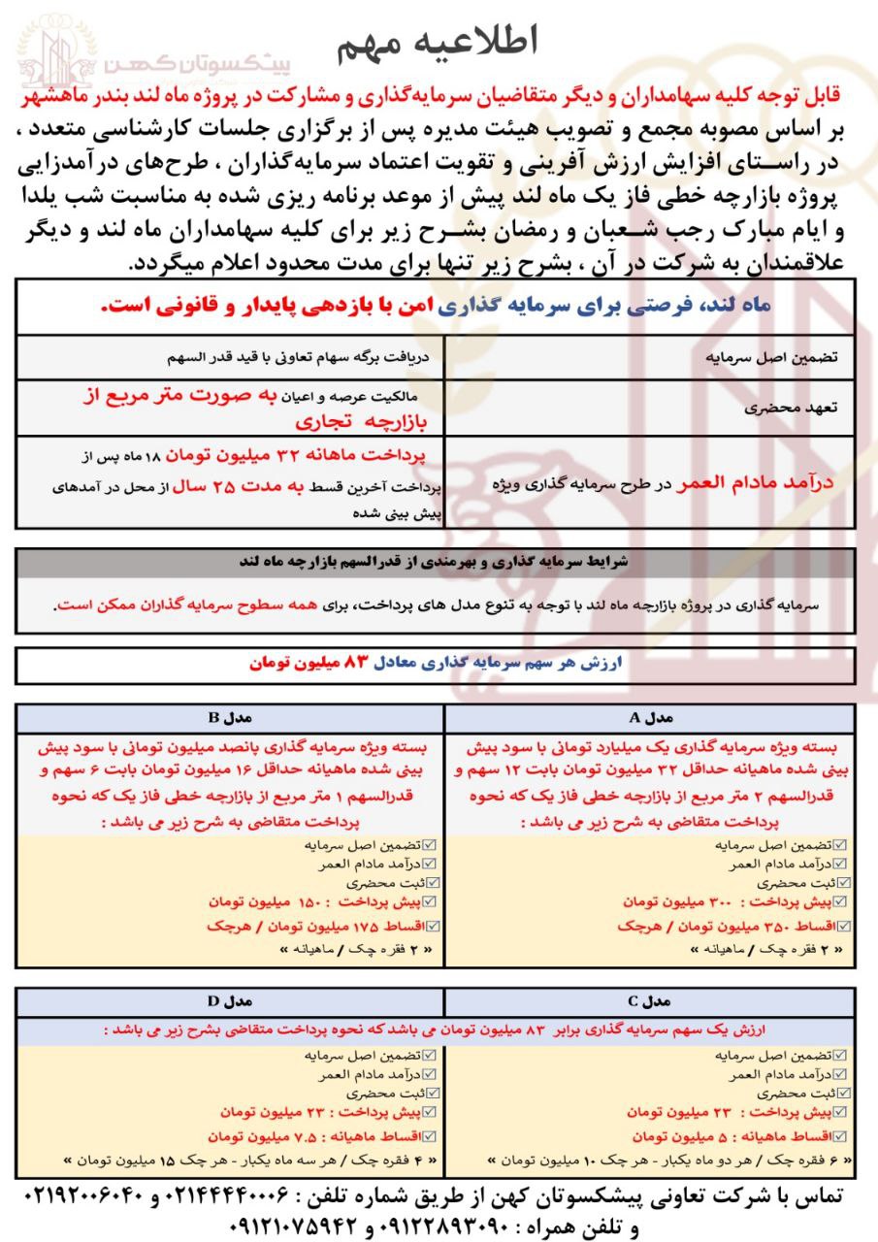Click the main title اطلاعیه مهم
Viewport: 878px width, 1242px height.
point(439,42)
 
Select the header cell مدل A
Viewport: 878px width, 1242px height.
point(649,718)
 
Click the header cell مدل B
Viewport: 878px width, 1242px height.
point(230,718)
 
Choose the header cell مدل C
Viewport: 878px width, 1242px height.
point(649,1000)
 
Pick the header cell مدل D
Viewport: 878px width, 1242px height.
point(230,1000)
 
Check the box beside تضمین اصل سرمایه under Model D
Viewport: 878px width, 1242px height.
point(431,1055)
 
